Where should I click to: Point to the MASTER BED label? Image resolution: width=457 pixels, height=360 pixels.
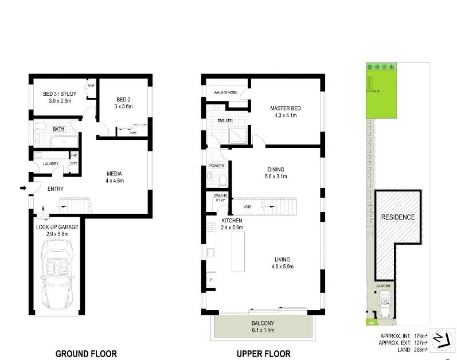click(x=286, y=108)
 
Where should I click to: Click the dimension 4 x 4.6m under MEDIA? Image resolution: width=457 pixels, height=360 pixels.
click(x=115, y=181)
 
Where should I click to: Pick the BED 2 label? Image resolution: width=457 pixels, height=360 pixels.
click(x=123, y=99)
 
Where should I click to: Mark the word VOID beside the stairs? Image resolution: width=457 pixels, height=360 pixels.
click(x=248, y=206)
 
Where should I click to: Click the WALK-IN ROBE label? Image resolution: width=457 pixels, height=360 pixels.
click(x=225, y=92)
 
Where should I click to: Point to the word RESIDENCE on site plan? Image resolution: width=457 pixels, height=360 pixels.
click(x=398, y=217)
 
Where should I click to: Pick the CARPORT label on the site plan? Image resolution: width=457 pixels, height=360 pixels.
click(x=383, y=285)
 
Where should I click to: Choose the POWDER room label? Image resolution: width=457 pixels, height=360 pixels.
click(x=217, y=166)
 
